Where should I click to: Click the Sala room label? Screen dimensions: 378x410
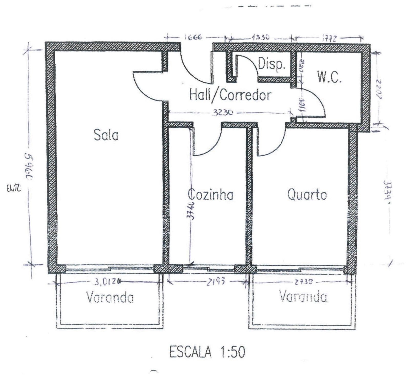pyautogui.click(x=106, y=135)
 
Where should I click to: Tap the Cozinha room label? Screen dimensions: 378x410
pyautogui.click(x=211, y=195)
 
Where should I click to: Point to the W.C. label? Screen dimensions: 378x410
pyautogui.click(x=329, y=77)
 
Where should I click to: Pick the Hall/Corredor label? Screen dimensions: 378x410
pyautogui.click(x=230, y=95)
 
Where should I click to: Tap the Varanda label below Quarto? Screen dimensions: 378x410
pyautogui.click(x=303, y=297)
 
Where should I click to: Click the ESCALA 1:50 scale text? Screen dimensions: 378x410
pyautogui.click(x=207, y=352)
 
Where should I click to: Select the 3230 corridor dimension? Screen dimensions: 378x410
pyautogui.click(x=222, y=113)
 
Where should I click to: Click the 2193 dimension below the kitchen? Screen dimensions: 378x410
pyautogui.click(x=216, y=282)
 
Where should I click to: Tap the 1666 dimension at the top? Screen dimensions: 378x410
pyautogui.click(x=193, y=37)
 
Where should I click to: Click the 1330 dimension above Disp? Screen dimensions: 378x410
pyautogui.click(x=260, y=37)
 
